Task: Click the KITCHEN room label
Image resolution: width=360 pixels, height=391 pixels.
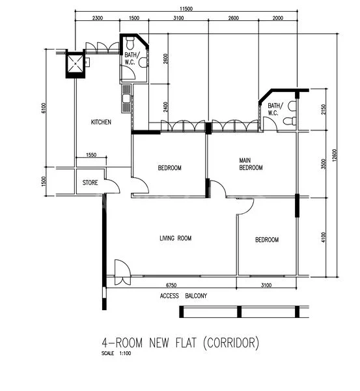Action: (x=101, y=122)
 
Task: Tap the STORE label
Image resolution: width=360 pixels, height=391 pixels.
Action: (x=90, y=183)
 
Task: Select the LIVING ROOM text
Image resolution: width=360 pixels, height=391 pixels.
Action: (x=176, y=239)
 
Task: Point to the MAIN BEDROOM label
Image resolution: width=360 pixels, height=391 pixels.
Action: (x=251, y=164)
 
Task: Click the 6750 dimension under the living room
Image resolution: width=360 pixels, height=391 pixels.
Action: (x=171, y=285)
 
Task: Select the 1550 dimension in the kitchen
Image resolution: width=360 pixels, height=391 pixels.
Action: (x=90, y=155)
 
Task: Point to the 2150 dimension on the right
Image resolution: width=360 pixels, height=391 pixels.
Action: (x=324, y=109)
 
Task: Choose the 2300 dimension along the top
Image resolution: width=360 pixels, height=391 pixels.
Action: (x=96, y=19)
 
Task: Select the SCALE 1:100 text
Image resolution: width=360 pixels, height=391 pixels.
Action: (x=116, y=354)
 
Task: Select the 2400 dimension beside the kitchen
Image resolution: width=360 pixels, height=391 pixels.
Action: (x=167, y=106)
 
